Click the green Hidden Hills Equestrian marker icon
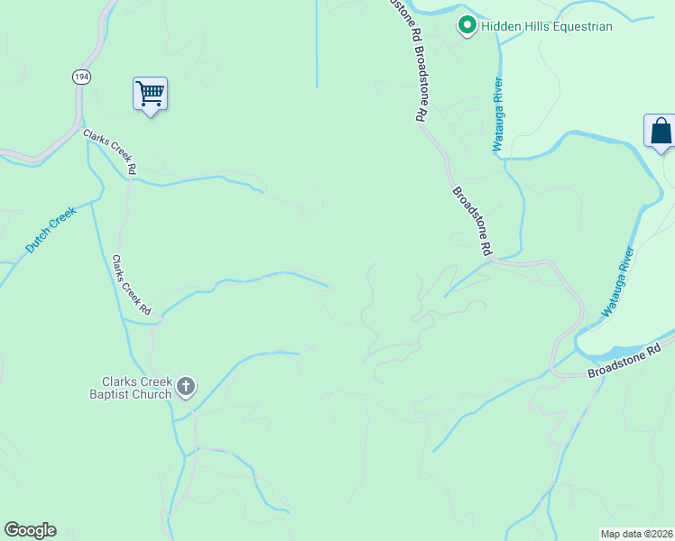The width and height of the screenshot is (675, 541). (467, 26)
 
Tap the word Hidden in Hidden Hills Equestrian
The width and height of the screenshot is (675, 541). (500, 26)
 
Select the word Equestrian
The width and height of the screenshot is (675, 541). (583, 26)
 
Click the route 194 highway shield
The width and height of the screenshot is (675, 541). (82, 78)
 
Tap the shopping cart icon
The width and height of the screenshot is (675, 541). (150, 93)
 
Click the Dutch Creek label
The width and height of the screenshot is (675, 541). (51, 228)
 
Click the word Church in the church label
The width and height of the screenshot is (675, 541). (152, 394)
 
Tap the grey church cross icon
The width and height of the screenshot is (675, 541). (186, 388)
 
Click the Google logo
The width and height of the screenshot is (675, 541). (30, 530)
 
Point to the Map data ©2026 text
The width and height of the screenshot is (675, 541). (637, 533)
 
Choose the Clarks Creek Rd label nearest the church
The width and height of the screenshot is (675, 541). (132, 285)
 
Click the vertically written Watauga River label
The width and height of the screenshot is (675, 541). (497, 115)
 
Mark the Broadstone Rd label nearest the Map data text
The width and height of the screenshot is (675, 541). (624, 360)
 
